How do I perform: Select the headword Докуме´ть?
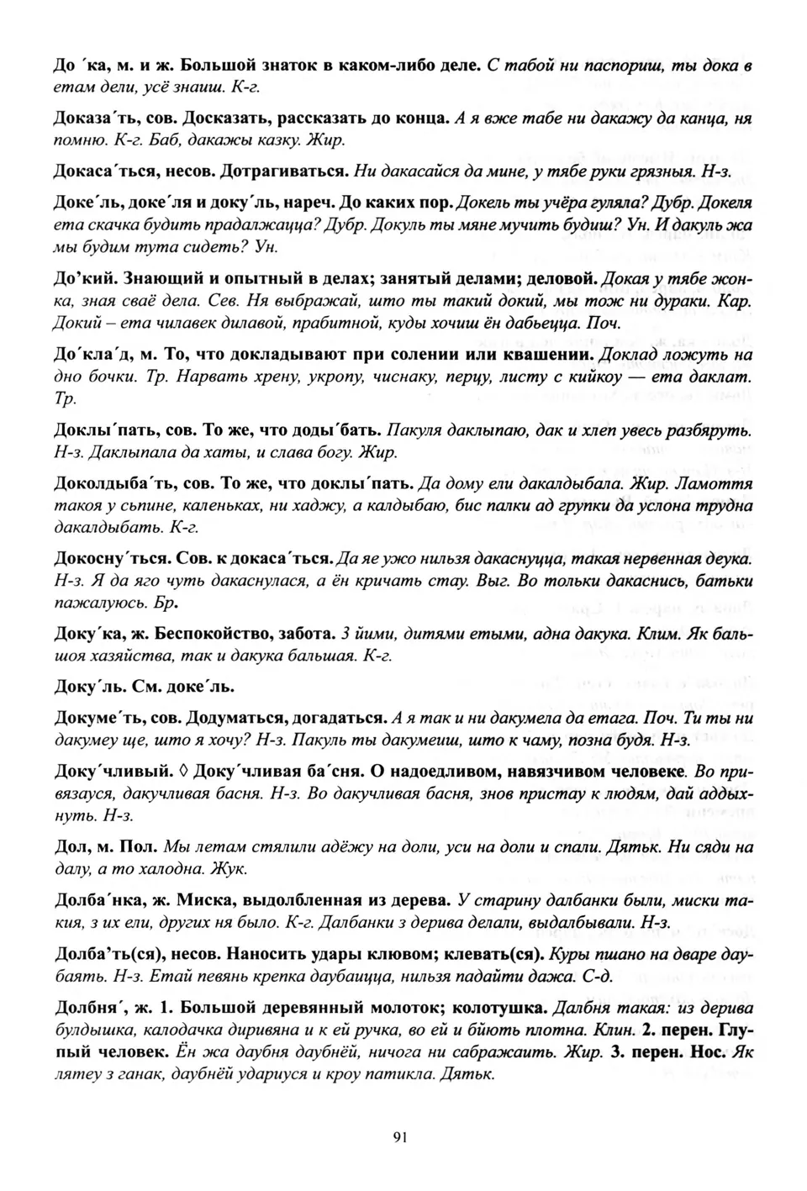point(94,719)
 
